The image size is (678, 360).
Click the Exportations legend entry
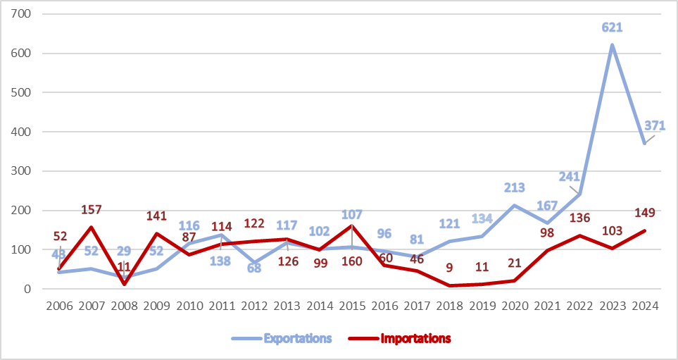tap(297, 339)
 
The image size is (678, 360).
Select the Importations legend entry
tap(415, 339)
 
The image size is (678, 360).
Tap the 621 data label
tap(613, 27)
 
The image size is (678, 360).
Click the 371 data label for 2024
tap(653, 126)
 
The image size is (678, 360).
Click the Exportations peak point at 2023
tap(612, 45)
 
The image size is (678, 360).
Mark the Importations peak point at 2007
tap(92, 227)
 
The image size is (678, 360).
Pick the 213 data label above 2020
tap(515, 188)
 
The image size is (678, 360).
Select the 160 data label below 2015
tap(351, 261)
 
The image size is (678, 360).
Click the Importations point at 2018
tap(449, 285)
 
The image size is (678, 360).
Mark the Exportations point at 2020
tap(515, 205)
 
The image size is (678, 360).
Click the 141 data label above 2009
tap(156, 216)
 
